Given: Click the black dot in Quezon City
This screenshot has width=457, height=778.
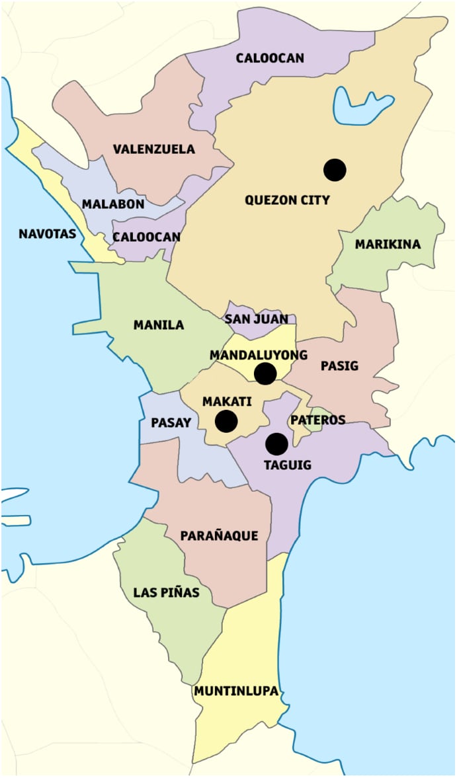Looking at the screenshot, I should click(x=335, y=170).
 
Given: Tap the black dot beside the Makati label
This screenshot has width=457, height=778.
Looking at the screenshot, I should click(x=226, y=421).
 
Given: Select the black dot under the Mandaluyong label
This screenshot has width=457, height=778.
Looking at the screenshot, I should click(x=265, y=373).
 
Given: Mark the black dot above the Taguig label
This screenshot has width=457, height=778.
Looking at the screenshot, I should click(x=276, y=444).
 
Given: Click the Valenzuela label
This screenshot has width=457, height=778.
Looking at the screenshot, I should click(x=153, y=149).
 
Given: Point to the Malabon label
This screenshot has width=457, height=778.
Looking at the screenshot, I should click(x=113, y=204).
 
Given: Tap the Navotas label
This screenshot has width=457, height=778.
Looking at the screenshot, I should click(x=48, y=233).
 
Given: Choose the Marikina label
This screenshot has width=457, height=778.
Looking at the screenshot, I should click(x=388, y=245).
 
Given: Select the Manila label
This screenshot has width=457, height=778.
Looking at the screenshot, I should click(x=159, y=325).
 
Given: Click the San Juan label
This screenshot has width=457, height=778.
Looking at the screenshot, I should click(x=257, y=319).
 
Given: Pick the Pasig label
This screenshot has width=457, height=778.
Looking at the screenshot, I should click(x=339, y=366).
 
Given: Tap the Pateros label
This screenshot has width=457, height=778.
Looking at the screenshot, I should click(x=318, y=420).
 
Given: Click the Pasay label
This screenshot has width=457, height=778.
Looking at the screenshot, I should click(x=171, y=422).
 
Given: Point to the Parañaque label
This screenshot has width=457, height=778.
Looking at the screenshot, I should click(x=220, y=536).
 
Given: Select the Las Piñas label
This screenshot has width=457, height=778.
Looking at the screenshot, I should click(x=166, y=592).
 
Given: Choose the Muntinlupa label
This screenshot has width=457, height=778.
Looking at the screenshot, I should click(x=236, y=691).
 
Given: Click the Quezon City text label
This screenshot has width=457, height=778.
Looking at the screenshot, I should click(x=287, y=200).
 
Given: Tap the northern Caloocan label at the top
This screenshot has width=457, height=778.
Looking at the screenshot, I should click(x=270, y=58).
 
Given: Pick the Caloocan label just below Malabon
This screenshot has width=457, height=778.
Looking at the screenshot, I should click(x=146, y=237).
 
